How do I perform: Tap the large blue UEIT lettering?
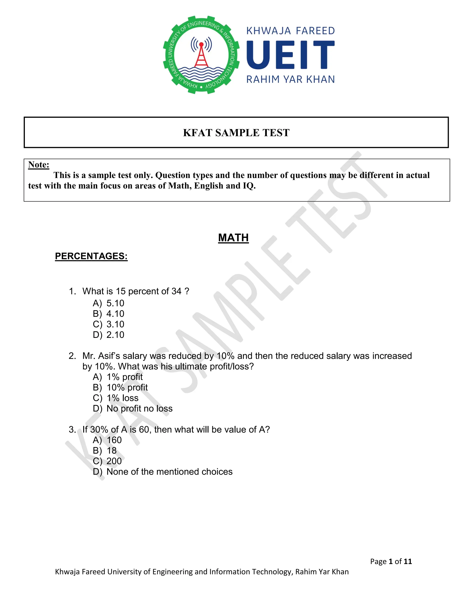tap(290, 55)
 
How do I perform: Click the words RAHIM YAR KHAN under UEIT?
tap(290, 80)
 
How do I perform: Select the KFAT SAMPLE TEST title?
tap(236, 133)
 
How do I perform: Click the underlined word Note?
tap(39, 165)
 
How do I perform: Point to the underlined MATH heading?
tap(233, 238)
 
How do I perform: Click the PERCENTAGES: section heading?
tap(91, 256)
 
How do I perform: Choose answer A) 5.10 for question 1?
tap(109, 303)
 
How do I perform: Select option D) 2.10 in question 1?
tap(109, 335)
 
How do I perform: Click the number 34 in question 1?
tap(176, 291)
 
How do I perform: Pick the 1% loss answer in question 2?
tap(116, 398)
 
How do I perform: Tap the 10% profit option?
tap(120, 387)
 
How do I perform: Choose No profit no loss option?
tap(132, 408)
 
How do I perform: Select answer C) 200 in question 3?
tap(107, 461)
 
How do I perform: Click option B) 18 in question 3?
tap(105, 451)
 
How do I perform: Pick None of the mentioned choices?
tap(163, 472)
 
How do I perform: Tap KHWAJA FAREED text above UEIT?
tap(290, 31)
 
